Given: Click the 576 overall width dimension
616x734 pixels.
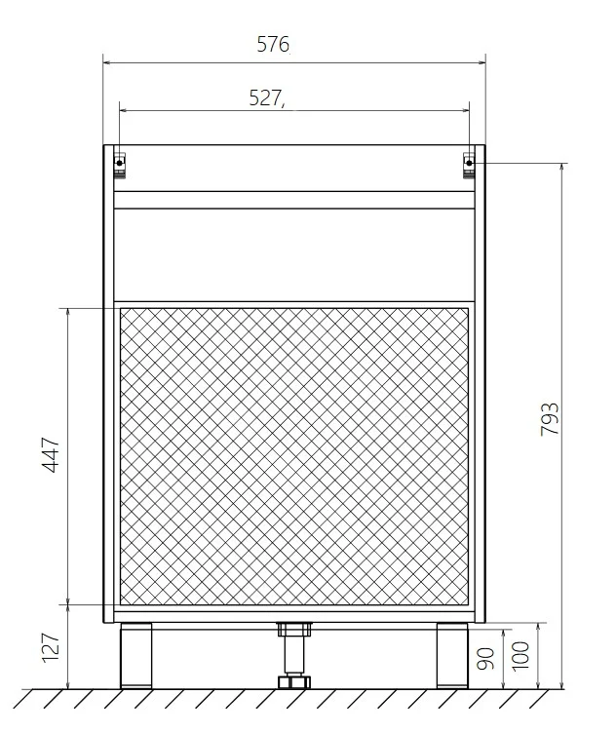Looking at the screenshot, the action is click(x=273, y=44).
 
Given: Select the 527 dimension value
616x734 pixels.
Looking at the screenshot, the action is click(x=265, y=97).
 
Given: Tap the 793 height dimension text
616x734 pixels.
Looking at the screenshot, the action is click(x=550, y=419).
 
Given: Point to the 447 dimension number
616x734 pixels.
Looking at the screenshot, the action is click(x=51, y=454).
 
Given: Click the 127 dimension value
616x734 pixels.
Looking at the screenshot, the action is click(x=51, y=647).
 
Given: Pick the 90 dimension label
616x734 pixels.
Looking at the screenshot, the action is click(x=485, y=658).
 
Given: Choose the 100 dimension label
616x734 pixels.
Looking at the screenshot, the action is click(x=520, y=656).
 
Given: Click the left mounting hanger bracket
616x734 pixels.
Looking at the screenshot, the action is click(x=120, y=165).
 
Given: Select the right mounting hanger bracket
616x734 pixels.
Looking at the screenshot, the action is click(x=469, y=165).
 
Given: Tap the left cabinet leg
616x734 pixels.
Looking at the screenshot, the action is click(x=136, y=655).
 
